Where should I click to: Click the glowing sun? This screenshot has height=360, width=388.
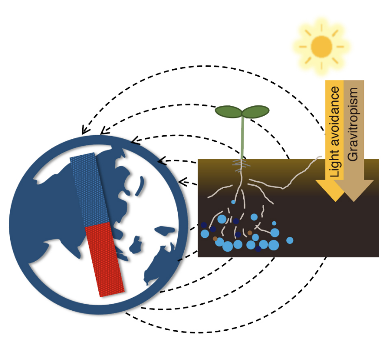point(321,46)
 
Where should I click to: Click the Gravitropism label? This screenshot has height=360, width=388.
point(353,123)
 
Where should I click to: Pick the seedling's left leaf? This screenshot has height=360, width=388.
point(228,111)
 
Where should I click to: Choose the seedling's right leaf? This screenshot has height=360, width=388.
point(256,111)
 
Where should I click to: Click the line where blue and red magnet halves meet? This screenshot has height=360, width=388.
point(97,224)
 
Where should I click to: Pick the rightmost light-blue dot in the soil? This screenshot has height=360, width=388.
point(290,240)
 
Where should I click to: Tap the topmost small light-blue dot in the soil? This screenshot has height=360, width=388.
point(233,202)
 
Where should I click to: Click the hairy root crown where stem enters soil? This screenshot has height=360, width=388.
point(241,164)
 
